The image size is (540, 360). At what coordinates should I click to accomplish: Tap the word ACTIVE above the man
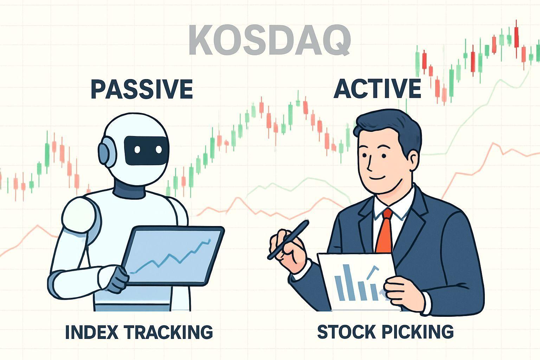pos(377,89)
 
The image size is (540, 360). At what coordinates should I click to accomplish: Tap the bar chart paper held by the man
pos(355,281)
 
